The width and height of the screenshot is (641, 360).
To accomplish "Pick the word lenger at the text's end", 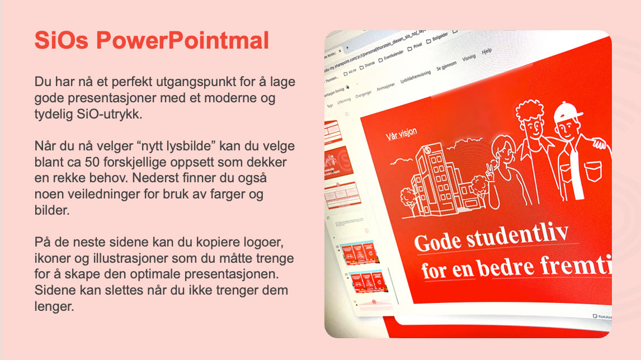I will tap(54, 306).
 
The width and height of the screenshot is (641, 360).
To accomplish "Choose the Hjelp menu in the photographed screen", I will tap(487, 51).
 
